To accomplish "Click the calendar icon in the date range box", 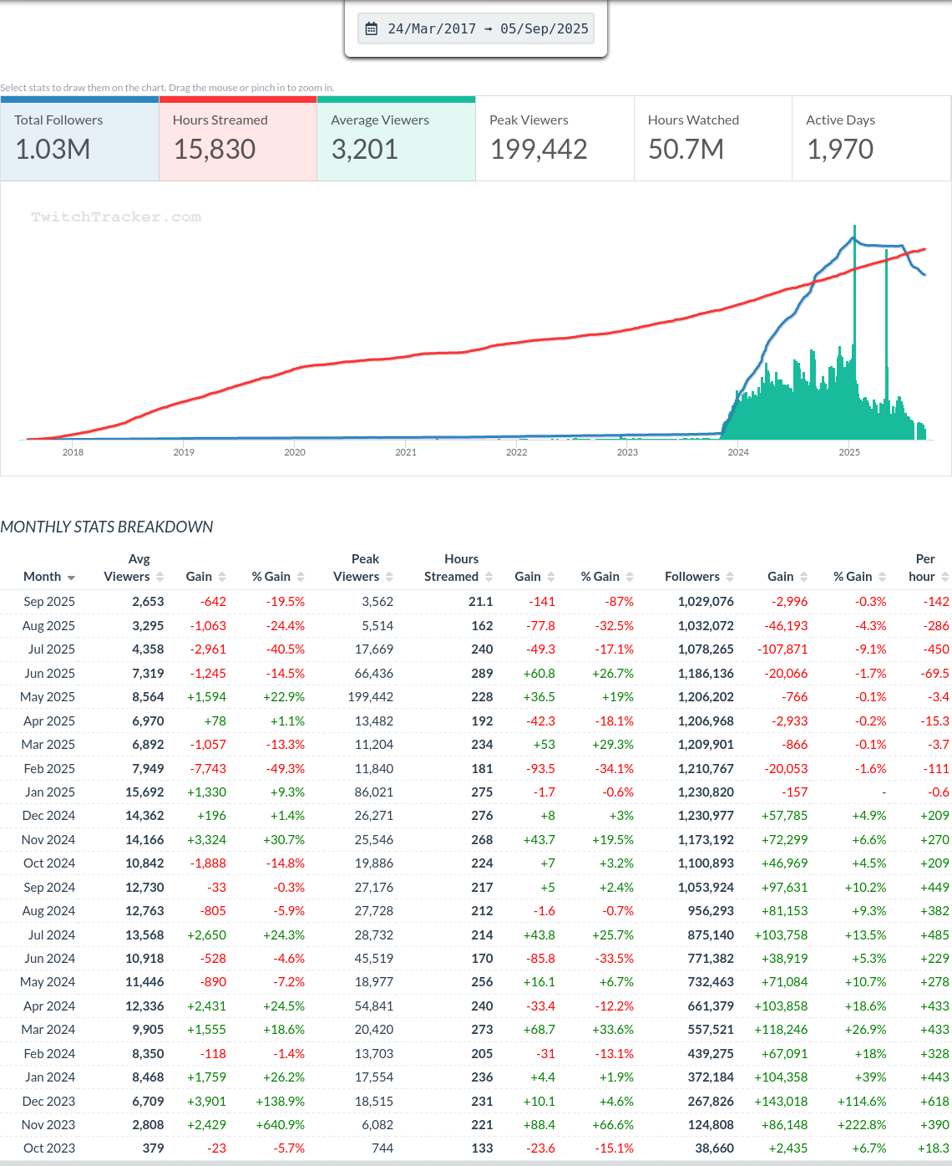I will coord(372,28).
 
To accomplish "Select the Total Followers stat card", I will coord(79,139).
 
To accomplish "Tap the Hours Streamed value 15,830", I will coord(215,150).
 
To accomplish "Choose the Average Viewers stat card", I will coord(396,139).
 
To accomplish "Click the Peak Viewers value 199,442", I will coord(539,150).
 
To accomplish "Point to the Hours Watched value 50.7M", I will coord(686,150).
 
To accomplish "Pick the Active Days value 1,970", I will coord(839,150).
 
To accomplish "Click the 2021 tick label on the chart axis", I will coord(406,452).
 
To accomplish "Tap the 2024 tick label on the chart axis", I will coord(738,452).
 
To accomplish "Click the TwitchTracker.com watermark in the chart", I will coord(116,217).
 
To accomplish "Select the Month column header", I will coord(43,577).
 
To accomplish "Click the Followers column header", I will coord(692,577).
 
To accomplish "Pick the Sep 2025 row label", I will coord(49,602).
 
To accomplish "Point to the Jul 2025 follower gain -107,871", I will coord(782,649).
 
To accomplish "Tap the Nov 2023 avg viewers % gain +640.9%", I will coord(280,1125).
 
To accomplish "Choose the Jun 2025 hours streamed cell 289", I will coord(482,674).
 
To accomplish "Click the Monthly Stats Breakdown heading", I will coord(107,527).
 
